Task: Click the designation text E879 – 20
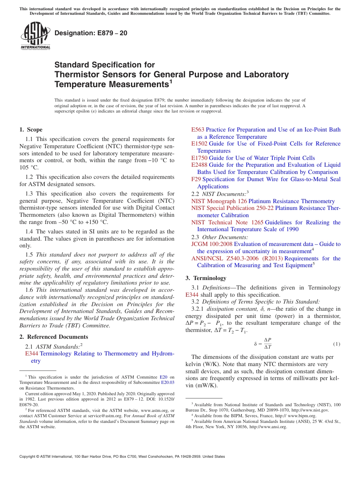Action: coord(91,33)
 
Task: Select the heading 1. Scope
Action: coord(31,130)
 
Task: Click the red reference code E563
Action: coord(197,130)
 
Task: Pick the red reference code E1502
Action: coord(199,144)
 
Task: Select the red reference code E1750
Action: coord(199,158)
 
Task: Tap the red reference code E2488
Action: coord(199,165)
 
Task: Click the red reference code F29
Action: coord(196,179)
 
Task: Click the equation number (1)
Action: coord(337,344)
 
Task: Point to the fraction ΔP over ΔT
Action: coord(267,344)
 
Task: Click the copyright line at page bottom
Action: coord(122,457)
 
